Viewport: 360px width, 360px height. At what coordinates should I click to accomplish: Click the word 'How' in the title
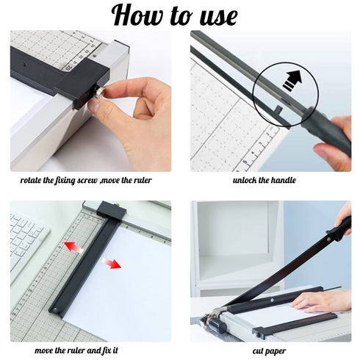click(138, 15)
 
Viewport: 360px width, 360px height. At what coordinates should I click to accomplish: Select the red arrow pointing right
click(111, 263)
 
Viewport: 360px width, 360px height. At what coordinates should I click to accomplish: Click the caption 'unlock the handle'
click(264, 180)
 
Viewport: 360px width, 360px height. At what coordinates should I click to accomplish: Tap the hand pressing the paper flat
click(323, 300)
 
